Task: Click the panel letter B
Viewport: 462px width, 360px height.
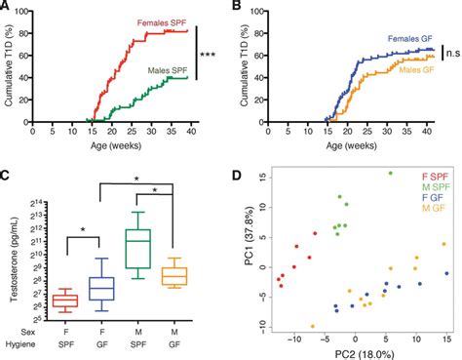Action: [239, 8]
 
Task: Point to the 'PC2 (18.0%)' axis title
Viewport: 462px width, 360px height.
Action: [360, 352]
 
